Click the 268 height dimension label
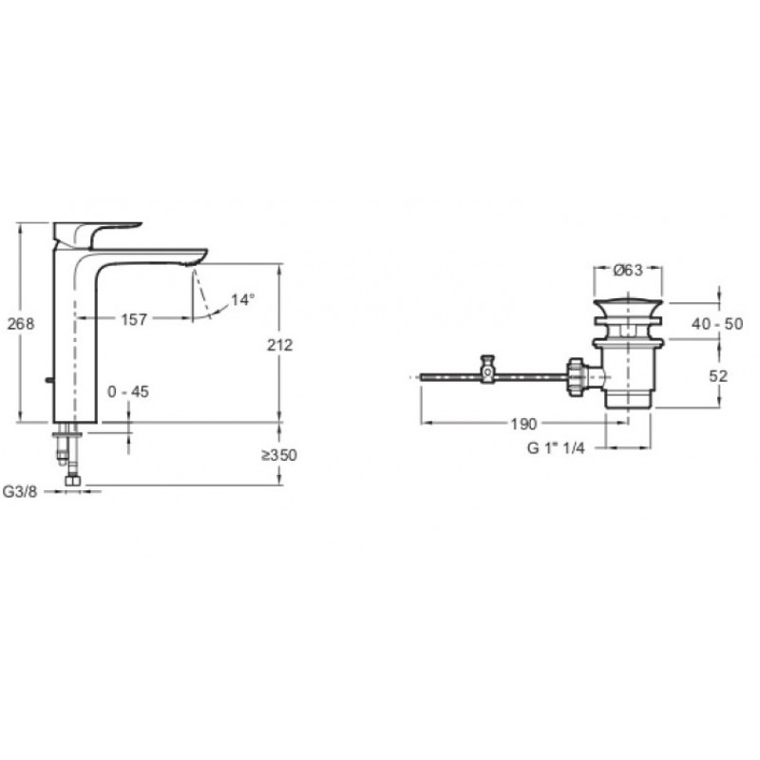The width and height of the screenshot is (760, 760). click(x=21, y=324)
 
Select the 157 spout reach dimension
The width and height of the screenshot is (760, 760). click(x=134, y=319)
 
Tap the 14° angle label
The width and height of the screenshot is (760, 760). click(x=242, y=300)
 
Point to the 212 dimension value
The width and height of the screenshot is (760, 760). click(x=280, y=345)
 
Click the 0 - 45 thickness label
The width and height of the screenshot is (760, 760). click(x=128, y=391)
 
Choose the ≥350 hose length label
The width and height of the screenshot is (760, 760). click(x=279, y=455)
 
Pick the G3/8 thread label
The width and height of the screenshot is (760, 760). click(x=20, y=491)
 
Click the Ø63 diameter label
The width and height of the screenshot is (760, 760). click(x=628, y=271)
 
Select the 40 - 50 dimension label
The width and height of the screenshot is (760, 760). click(x=717, y=324)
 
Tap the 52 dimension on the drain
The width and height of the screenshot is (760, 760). click(x=718, y=376)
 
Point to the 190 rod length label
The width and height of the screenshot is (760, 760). click(x=524, y=424)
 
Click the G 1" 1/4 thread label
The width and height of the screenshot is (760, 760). click(x=556, y=448)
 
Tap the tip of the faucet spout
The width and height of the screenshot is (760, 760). click(x=203, y=255)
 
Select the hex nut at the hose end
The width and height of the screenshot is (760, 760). click(x=73, y=481)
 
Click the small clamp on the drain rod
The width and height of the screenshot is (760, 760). click(x=487, y=370)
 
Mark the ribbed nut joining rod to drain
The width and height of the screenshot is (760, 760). click(x=576, y=377)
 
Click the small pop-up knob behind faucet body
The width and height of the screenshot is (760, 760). click(x=48, y=380)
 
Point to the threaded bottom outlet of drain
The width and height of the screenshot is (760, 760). click(x=628, y=399)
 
